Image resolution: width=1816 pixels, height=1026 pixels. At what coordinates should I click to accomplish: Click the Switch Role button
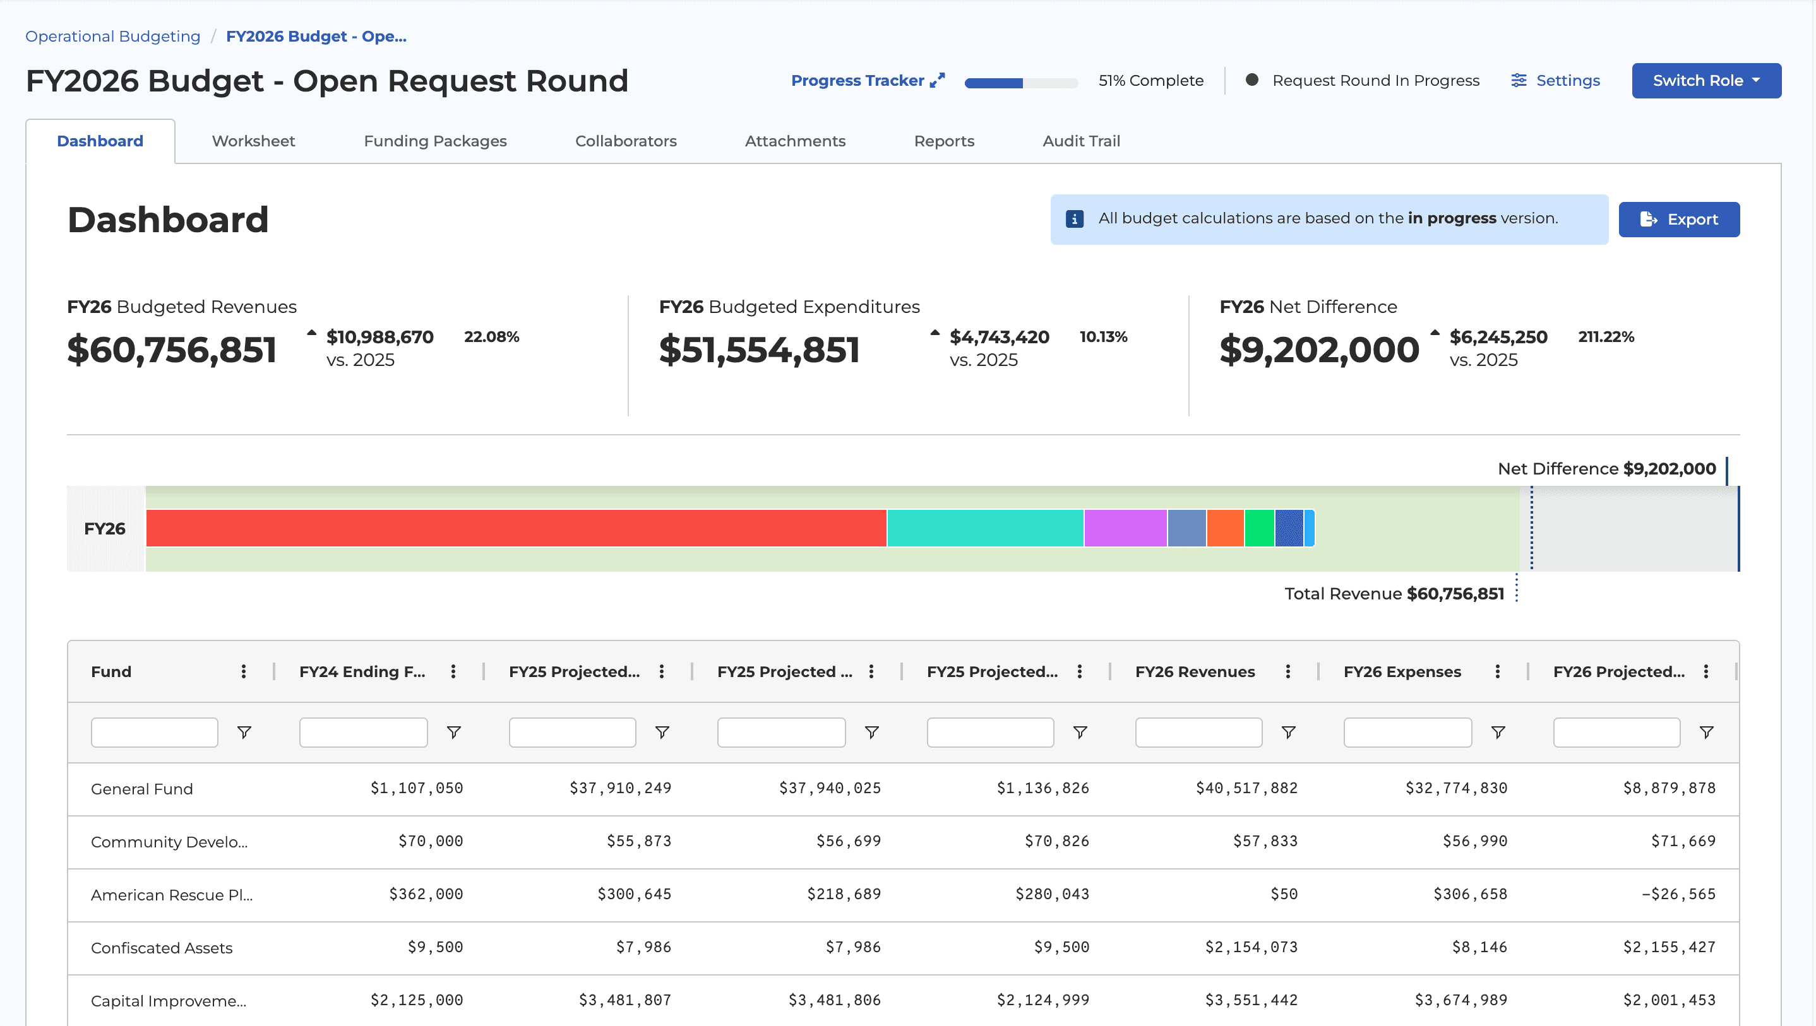[1705, 80]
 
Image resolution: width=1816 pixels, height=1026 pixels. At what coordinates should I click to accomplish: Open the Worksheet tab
[253, 141]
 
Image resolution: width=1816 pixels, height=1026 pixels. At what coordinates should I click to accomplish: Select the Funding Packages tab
[435, 141]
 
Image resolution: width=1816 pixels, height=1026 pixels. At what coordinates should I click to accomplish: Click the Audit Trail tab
[1081, 141]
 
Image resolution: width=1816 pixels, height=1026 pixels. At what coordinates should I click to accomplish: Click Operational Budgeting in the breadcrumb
[113, 36]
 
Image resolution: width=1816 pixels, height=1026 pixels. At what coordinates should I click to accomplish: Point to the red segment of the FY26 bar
[515, 528]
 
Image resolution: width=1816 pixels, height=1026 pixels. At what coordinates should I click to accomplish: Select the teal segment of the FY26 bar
[984, 528]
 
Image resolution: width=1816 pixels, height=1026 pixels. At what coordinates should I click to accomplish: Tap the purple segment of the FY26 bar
[1125, 528]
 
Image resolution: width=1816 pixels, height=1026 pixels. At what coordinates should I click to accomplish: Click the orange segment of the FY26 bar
[1224, 528]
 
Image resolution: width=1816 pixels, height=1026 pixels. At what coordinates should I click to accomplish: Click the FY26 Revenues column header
[1194, 671]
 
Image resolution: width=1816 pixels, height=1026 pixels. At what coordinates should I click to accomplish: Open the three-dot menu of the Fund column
[243, 671]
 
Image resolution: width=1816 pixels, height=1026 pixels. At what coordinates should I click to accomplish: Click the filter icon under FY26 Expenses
[1497, 732]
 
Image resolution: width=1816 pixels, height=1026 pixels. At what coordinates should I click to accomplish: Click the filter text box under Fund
[153, 732]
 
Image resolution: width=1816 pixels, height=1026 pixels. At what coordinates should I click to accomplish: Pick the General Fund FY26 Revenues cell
[1246, 788]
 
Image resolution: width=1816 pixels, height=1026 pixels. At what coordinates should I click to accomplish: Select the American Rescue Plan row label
[171, 895]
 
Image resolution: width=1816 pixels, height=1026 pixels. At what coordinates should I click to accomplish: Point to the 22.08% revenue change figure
[491, 337]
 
